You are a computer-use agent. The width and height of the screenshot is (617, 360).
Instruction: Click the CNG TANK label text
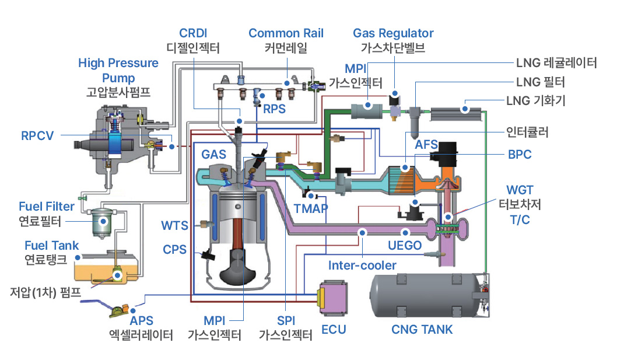tap(422, 330)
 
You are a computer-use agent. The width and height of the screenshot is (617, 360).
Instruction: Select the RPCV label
tap(37, 136)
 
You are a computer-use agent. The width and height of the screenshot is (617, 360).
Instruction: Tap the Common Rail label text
tap(286, 33)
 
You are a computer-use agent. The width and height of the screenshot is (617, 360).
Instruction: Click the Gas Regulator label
tap(393, 33)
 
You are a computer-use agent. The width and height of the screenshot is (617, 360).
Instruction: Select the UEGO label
tap(404, 245)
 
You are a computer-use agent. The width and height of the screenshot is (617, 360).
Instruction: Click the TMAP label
tap(311, 208)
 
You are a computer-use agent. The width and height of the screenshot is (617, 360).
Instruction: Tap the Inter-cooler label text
tap(362, 265)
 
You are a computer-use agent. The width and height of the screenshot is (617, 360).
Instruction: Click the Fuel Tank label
tap(51, 245)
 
